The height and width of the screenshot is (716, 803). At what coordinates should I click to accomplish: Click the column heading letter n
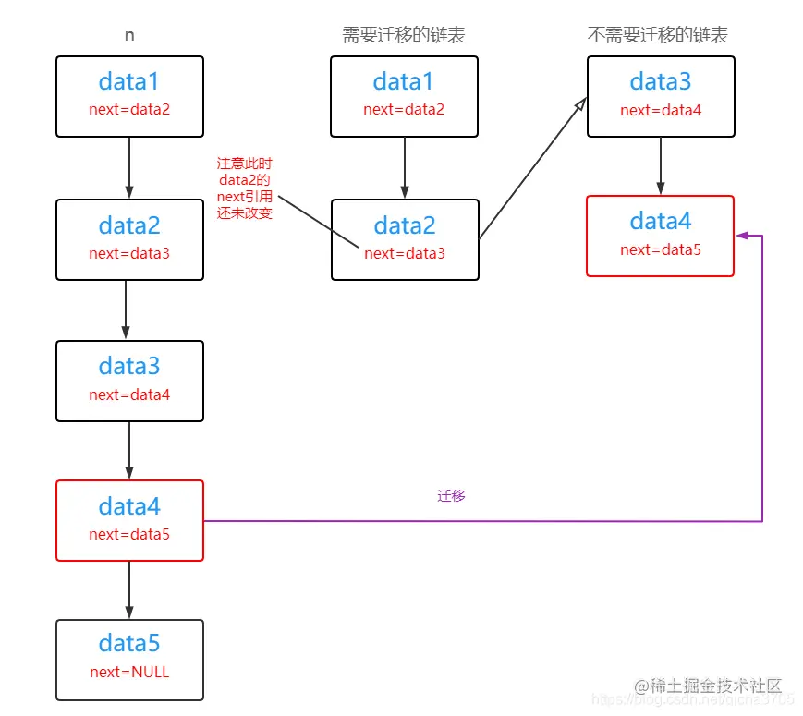129,35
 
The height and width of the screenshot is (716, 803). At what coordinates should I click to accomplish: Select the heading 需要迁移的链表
404,35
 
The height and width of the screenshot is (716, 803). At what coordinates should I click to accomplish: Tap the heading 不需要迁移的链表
658,35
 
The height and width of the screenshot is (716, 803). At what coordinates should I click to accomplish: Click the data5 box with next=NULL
129,659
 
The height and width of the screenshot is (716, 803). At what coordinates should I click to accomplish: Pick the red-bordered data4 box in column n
129,520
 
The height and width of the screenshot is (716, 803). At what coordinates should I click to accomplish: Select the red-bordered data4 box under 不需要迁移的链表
660,236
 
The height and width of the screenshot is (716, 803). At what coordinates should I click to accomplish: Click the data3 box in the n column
129,381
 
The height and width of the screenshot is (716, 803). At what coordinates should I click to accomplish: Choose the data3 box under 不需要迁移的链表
660,96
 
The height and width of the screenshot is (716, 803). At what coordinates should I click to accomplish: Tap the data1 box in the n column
129,96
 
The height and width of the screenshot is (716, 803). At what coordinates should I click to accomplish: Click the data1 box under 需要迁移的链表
404,96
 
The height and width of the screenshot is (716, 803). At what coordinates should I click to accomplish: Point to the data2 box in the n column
129,239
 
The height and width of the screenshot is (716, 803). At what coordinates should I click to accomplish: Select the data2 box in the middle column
405,239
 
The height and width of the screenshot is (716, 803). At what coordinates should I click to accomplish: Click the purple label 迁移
451,496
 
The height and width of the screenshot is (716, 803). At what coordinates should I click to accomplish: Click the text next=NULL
129,673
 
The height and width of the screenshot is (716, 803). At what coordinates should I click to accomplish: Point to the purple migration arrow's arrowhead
741,236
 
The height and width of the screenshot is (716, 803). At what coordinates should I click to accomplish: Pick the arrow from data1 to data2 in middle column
404,167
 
